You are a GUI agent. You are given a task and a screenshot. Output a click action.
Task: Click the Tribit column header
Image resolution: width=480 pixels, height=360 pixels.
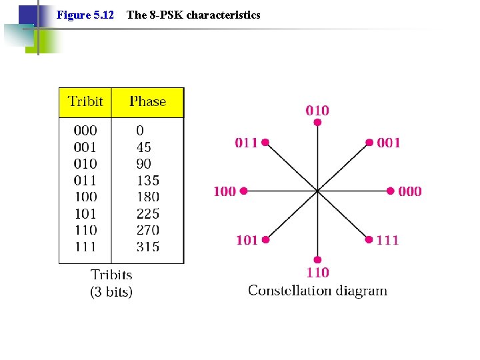[86, 102]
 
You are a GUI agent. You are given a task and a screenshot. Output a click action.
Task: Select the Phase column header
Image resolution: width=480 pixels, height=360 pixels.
[147, 102]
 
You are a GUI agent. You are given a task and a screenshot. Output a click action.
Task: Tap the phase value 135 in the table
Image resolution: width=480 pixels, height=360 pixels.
[147, 180]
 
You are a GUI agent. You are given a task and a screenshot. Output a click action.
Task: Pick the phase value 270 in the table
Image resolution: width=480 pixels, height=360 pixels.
[147, 230]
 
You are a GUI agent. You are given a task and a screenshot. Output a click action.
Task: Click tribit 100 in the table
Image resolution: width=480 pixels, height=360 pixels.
[85, 197]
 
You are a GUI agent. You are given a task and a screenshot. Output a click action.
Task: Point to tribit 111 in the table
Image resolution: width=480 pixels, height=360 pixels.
[85, 247]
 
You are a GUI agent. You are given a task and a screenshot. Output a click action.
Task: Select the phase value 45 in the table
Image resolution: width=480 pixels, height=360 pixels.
[143, 147]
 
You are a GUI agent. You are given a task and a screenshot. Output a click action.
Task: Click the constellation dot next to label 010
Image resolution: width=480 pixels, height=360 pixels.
[317, 123]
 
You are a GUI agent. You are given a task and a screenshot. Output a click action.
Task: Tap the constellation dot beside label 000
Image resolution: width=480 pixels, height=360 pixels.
[390, 191]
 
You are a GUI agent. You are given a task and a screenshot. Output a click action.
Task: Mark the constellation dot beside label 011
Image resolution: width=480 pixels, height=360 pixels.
[265, 142]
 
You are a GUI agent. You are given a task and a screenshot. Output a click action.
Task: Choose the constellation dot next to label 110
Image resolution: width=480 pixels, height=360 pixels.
[317, 259]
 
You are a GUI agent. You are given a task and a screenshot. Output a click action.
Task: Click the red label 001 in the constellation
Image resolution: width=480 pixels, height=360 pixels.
[389, 143]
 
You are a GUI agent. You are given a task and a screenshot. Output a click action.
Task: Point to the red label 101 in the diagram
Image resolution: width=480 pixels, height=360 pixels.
[247, 240]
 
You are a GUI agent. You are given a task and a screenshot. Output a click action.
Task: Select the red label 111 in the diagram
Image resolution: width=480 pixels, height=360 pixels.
[387, 240]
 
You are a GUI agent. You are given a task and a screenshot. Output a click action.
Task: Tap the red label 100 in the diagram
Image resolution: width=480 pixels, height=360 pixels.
[225, 191]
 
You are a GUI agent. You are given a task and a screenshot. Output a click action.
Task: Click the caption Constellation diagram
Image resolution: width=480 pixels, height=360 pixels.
[317, 290]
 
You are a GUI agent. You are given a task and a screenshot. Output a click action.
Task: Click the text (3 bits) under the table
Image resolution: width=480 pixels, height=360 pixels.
[111, 291]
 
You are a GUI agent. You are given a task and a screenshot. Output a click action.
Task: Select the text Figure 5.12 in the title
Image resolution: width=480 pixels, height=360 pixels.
[85, 15]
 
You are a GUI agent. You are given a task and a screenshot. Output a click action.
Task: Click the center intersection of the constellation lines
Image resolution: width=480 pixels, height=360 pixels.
[317, 191]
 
